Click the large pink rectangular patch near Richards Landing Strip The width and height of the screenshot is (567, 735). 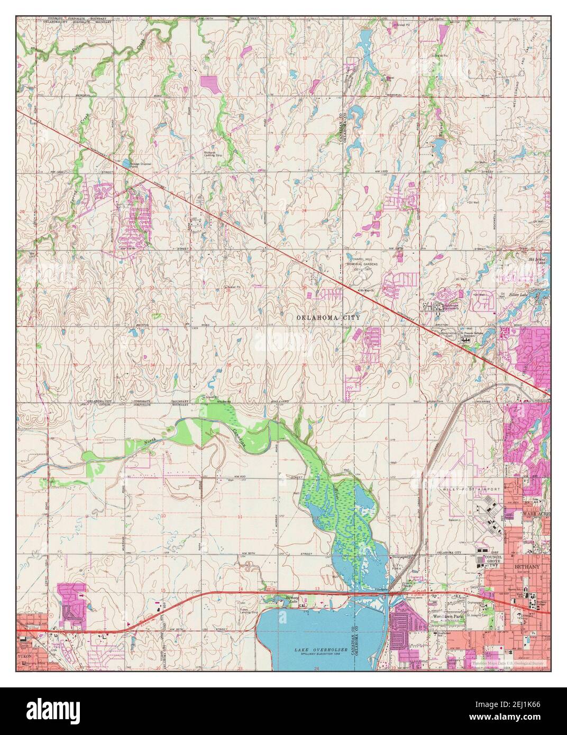tap(210, 84)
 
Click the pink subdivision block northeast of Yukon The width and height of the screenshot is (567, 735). tap(71, 603)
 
